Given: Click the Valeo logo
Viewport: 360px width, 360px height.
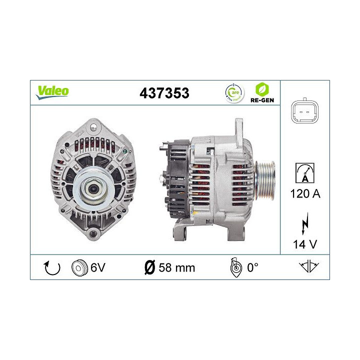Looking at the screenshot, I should (52, 91).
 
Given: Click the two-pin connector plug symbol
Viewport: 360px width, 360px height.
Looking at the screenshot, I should (304, 112).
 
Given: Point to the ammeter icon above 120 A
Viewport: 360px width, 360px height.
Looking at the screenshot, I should (304, 171).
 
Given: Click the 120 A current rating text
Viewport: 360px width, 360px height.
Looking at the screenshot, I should (304, 193).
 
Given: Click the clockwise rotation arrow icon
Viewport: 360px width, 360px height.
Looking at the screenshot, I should (52, 267).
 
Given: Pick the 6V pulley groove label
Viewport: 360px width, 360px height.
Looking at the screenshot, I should (97, 267).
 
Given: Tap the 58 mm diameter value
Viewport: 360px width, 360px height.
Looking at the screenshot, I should (176, 267).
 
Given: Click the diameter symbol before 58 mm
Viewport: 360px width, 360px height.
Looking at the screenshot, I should (149, 267).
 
